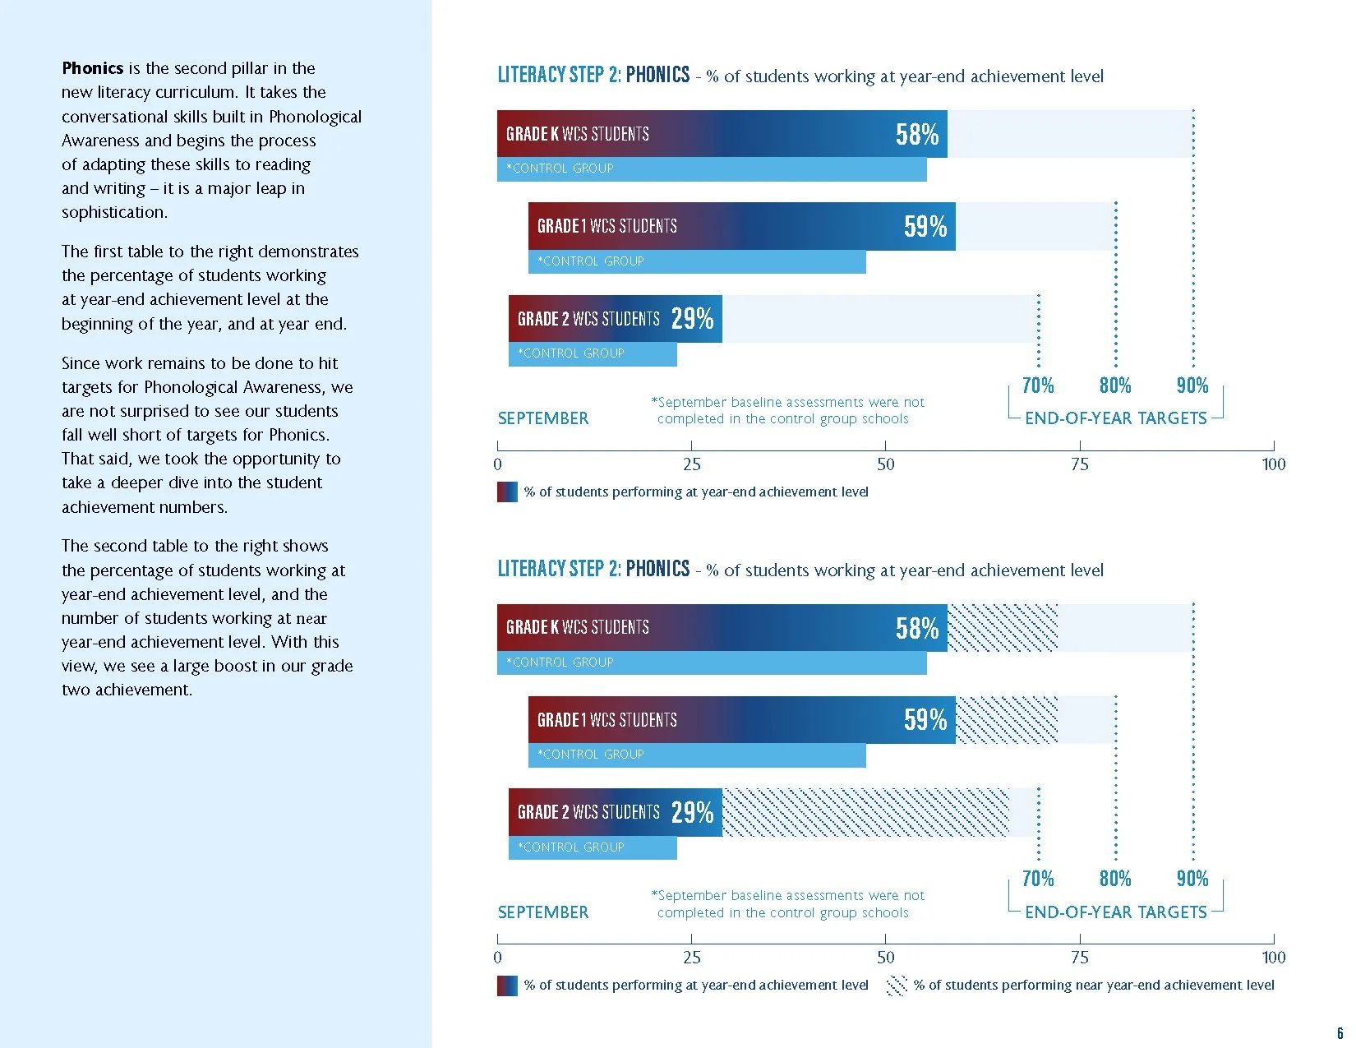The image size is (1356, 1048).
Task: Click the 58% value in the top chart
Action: (917, 134)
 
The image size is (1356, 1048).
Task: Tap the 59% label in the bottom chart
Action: (925, 720)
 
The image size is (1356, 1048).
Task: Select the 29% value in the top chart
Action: (692, 319)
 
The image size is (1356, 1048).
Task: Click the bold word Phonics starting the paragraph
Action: (92, 68)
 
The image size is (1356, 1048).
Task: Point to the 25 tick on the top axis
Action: (692, 464)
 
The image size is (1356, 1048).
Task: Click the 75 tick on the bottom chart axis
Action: (1080, 958)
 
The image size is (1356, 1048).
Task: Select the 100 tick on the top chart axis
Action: (1273, 464)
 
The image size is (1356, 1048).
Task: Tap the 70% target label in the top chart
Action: (1038, 385)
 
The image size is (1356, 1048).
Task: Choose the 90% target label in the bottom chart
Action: (1192, 879)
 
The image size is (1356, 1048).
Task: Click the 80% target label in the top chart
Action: (1115, 385)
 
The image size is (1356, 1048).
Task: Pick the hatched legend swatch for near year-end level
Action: (897, 986)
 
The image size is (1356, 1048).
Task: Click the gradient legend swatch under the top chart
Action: (507, 492)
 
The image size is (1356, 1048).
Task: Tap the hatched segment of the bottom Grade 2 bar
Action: (865, 812)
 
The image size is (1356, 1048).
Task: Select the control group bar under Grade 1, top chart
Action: (697, 261)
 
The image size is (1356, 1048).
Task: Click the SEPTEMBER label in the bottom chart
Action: (543, 912)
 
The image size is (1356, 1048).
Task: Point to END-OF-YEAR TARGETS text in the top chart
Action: (1115, 418)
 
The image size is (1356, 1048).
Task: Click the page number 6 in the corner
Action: (1340, 1033)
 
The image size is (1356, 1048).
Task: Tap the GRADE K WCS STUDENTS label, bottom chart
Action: (577, 627)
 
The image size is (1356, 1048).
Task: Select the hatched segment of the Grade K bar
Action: (1003, 627)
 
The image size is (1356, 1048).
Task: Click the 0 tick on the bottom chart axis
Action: (497, 958)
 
